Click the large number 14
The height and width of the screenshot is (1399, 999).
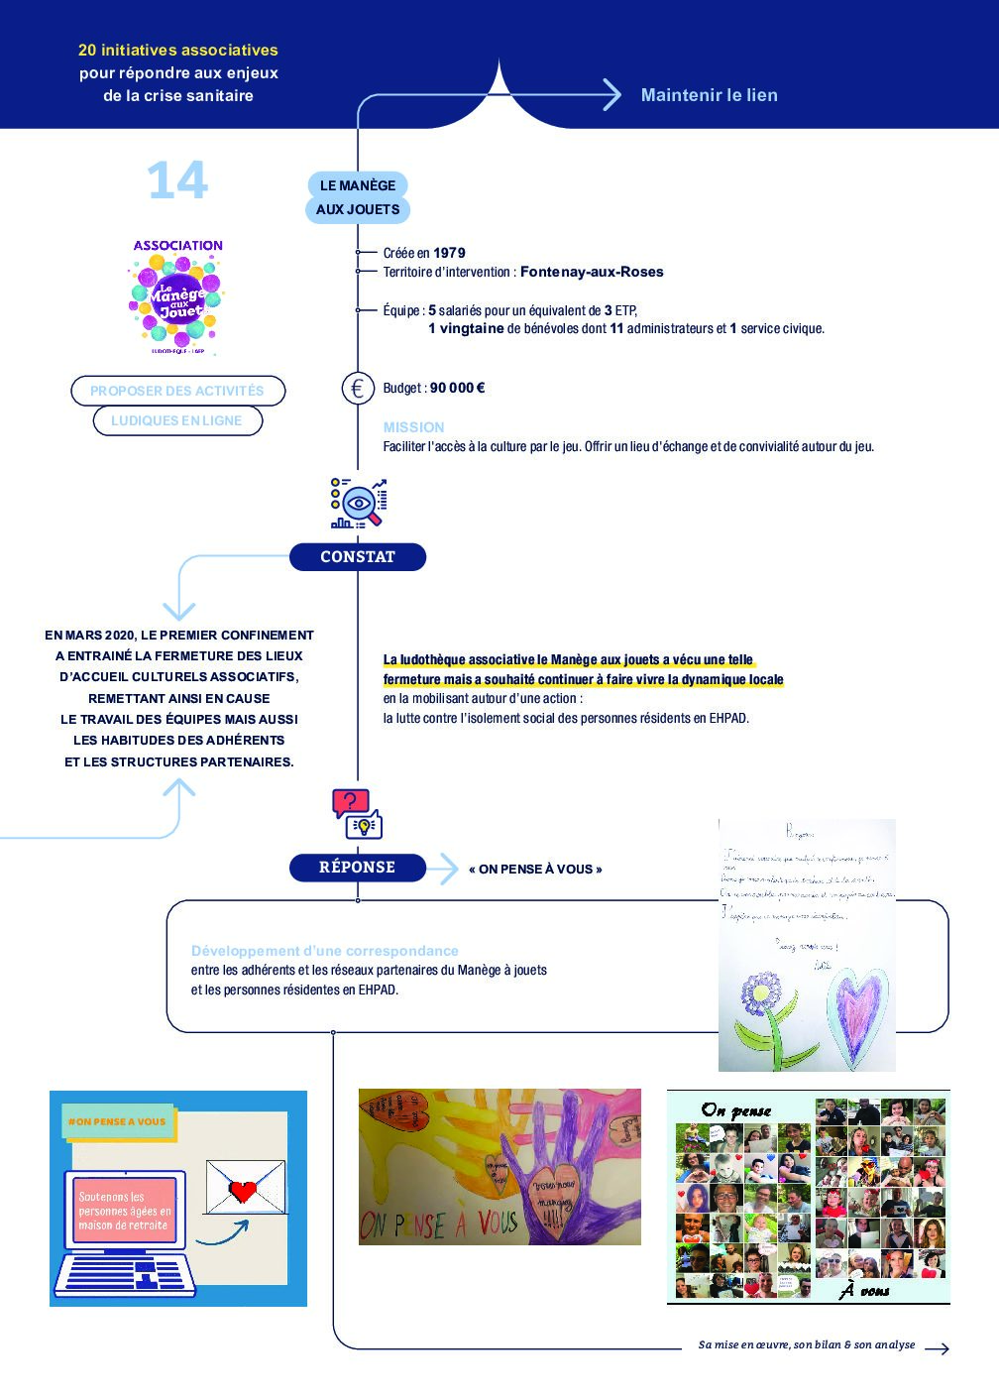(x=177, y=180)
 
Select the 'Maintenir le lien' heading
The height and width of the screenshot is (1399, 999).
(x=709, y=95)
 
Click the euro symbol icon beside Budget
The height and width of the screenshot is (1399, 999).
(x=358, y=389)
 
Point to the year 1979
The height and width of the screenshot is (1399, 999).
(x=449, y=253)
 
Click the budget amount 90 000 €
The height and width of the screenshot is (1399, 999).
(x=457, y=388)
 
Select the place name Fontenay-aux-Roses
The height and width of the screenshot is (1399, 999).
(x=592, y=272)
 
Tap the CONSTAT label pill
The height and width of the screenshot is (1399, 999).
(x=358, y=557)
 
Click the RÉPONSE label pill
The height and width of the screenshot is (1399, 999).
(x=358, y=868)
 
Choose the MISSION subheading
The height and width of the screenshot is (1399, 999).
(x=413, y=427)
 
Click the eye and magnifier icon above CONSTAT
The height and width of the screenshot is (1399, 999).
(x=358, y=504)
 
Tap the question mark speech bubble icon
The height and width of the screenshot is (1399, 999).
(x=350, y=801)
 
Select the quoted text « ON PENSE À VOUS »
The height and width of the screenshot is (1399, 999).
(x=535, y=870)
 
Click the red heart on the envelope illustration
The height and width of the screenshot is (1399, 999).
(x=243, y=1189)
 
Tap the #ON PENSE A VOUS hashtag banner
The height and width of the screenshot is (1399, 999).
(x=117, y=1122)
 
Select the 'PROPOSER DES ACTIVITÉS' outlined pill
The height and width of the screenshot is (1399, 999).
(x=177, y=391)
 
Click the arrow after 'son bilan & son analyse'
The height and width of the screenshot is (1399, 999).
(x=937, y=1347)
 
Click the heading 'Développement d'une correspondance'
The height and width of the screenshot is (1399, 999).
(x=325, y=951)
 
